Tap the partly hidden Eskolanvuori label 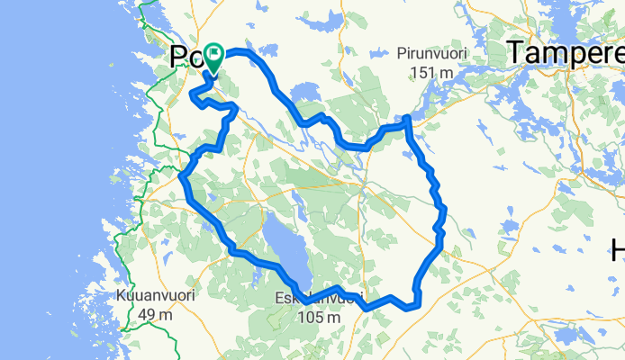[x=322, y=299]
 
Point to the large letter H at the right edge [x=618, y=248]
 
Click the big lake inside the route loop [x=285, y=245]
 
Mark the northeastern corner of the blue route [x=407, y=119]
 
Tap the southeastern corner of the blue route [x=417, y=305]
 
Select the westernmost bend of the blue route [x=183, y=176]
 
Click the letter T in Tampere [x=516, y=54]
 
